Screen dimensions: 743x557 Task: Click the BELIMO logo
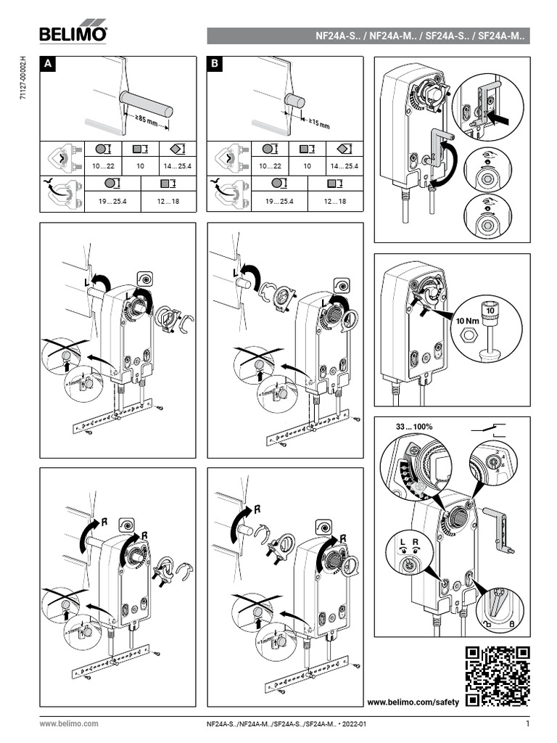(x=73, y=33)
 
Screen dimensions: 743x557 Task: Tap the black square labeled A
(x=48, y=65)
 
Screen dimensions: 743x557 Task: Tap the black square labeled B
(x=215, y=65)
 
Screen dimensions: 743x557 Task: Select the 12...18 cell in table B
(x=334, y=201)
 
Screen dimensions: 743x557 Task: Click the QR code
(x=497, y=676)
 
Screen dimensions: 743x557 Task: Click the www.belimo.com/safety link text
(x=413, y=702)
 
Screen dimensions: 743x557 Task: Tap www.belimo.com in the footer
(x=69, y=724)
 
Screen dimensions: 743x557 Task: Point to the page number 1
(x=527, y=723)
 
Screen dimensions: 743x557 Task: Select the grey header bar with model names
(x=368, y=36)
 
